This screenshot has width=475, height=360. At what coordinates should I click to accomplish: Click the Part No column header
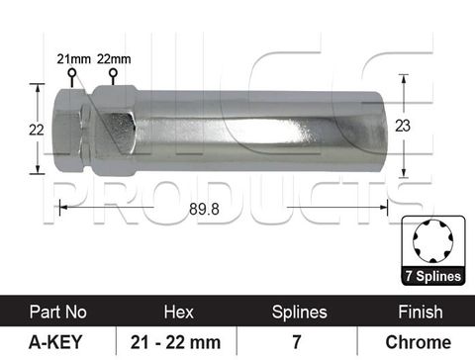(x=58, y=312)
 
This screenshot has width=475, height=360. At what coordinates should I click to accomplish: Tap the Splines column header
(x=298, y=312)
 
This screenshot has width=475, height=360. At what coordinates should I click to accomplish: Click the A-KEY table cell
(x=58, y=342)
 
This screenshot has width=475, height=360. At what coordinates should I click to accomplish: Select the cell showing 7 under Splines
(x=298, y=342)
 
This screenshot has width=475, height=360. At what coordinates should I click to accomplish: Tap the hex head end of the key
(x=73, y=130)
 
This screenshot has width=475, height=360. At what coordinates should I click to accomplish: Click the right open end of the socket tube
(x=378, y=131)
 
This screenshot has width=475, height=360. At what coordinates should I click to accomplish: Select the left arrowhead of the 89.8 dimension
(x=63, y=207)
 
